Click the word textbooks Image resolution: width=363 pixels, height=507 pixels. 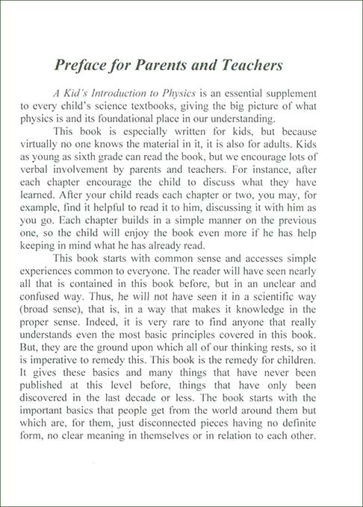(x=170, y=110)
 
